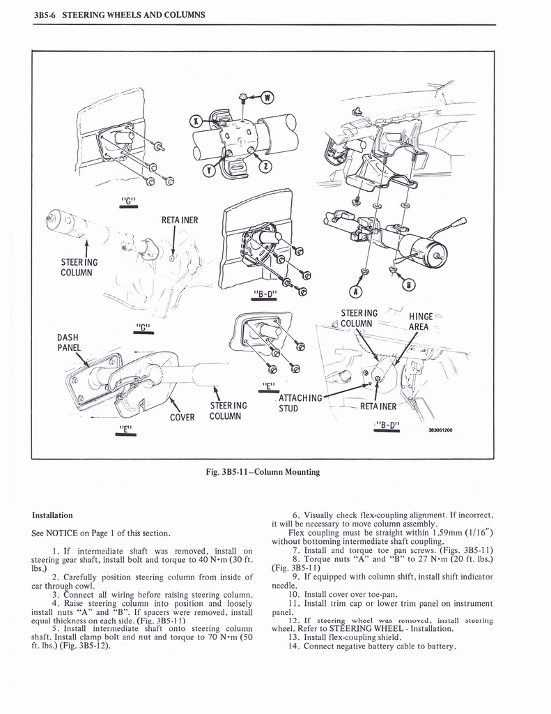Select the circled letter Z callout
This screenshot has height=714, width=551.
[x=265, y=167]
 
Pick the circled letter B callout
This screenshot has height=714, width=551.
[x=408, y=283]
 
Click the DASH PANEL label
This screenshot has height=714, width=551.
[x=69, y=342]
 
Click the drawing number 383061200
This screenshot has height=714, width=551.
[x=439, y=430]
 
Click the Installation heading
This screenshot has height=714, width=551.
[x=52, y=515]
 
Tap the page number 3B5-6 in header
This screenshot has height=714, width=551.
[x=45, y=15]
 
